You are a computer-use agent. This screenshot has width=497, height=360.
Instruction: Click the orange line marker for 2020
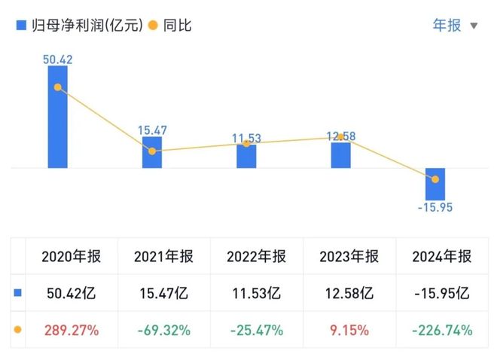[57, 87]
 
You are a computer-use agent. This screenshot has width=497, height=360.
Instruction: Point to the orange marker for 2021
[152, 151]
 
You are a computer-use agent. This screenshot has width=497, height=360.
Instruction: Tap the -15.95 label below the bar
[435, 208]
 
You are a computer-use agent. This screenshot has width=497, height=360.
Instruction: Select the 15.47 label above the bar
[152, 130]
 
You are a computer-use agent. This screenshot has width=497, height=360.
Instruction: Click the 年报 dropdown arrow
[474, 26]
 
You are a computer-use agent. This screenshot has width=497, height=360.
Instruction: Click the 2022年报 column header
[256, 256]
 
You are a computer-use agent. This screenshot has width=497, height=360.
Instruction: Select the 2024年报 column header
[442, 256]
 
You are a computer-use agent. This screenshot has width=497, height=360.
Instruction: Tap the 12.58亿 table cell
[349, 293]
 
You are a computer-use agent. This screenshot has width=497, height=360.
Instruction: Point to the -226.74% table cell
[442, 330]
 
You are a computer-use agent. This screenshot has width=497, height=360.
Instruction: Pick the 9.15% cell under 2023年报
[349, 330]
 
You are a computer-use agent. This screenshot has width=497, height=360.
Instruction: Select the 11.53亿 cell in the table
[256, 293]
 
